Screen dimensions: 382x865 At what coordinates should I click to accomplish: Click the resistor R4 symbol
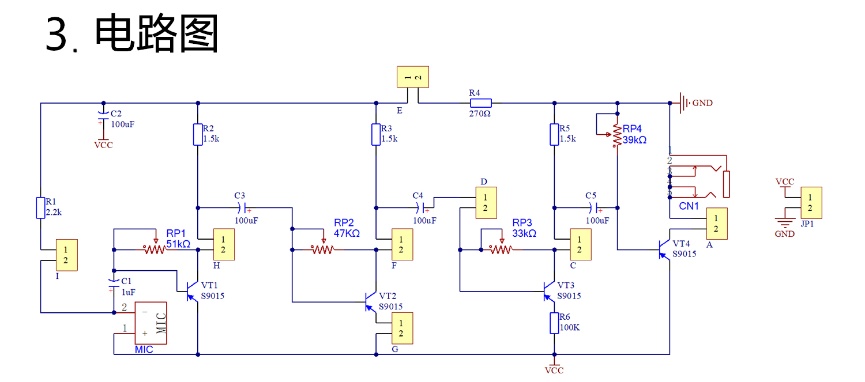pyautogui.click(x=480, y=103)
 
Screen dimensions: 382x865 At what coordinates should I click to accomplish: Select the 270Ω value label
pyautogui.click(x=480, y=114)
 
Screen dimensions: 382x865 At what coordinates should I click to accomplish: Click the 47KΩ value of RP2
pyautogui.click(x=347, y=233)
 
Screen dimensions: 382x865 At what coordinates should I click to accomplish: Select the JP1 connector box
pyautogui.click(x=811, y=203)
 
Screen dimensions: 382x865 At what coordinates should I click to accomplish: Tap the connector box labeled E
pyautogui.click(x=413, y=77)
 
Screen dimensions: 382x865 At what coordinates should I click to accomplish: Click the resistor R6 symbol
pyautogui.click(x=554, y=323)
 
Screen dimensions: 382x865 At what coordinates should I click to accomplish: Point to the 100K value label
pyautogui.click(x=570, y=328)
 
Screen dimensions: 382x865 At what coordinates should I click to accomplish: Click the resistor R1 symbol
pyautogui.click(x=41, y=207)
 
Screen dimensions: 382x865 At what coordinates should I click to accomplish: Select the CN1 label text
pyautogui.click(x=689, y=206)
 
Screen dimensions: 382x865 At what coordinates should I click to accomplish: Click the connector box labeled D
pyautogui.click(x=486, y=203)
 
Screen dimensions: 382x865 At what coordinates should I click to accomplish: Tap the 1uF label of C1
pyautogui.click(x=128, y=292)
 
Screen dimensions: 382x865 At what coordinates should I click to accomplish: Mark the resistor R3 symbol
pyautogui.click(x=376, y=134)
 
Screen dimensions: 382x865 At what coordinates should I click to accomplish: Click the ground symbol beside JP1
pyautogui.click(x=785, y=222)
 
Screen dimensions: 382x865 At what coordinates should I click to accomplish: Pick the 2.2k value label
pyautogui.click(x=54, y=212)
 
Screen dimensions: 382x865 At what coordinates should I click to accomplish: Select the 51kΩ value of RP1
pyautogui.click(x=179, y=244)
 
